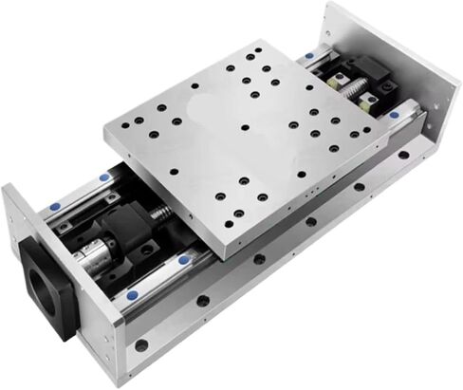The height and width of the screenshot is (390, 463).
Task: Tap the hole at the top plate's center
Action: tap(245, 127)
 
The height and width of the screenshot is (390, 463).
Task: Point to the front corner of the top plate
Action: tap(227, 249)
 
